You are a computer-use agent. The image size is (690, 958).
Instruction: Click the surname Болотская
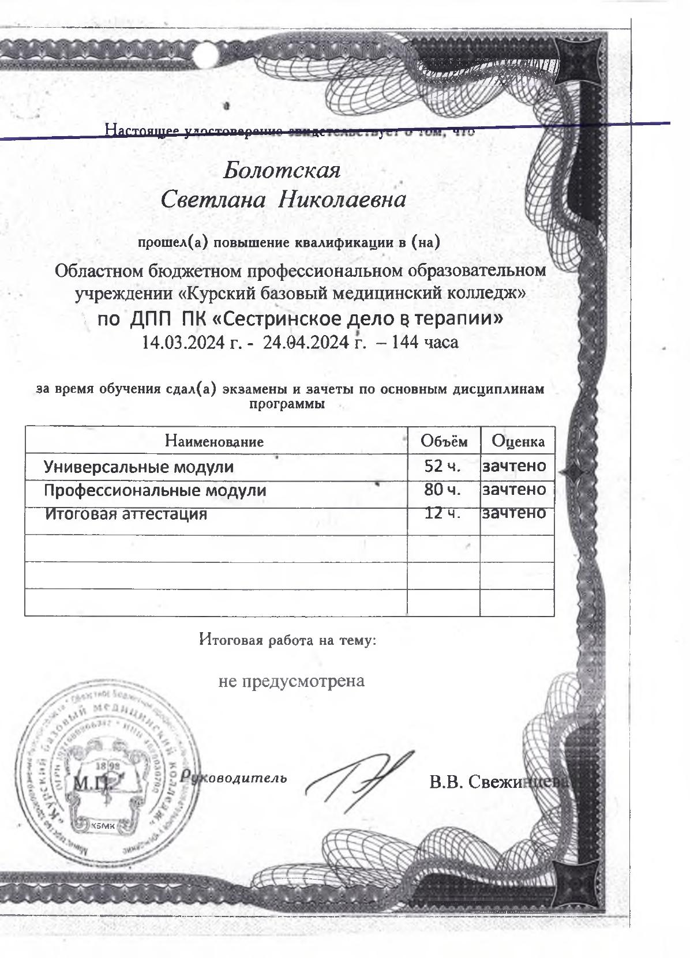click(282, 171)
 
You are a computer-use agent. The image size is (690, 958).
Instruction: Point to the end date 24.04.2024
click(306, 343)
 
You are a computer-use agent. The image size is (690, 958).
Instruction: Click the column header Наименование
click(214, 442)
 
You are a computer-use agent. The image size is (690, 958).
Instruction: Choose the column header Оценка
click(517, 442)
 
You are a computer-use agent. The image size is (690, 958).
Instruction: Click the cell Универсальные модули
click(139, 466)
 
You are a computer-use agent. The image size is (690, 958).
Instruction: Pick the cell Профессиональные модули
click(155, 490)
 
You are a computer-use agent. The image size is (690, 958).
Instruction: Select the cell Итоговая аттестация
click(126, 513)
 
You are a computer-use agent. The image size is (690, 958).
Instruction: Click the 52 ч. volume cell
click(442, 466)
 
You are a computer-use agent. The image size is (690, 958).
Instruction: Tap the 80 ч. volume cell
click(442, 490)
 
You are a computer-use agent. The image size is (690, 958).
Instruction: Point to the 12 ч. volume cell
click(442, 513)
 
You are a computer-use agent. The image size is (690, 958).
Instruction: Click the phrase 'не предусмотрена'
click(291, 681)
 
